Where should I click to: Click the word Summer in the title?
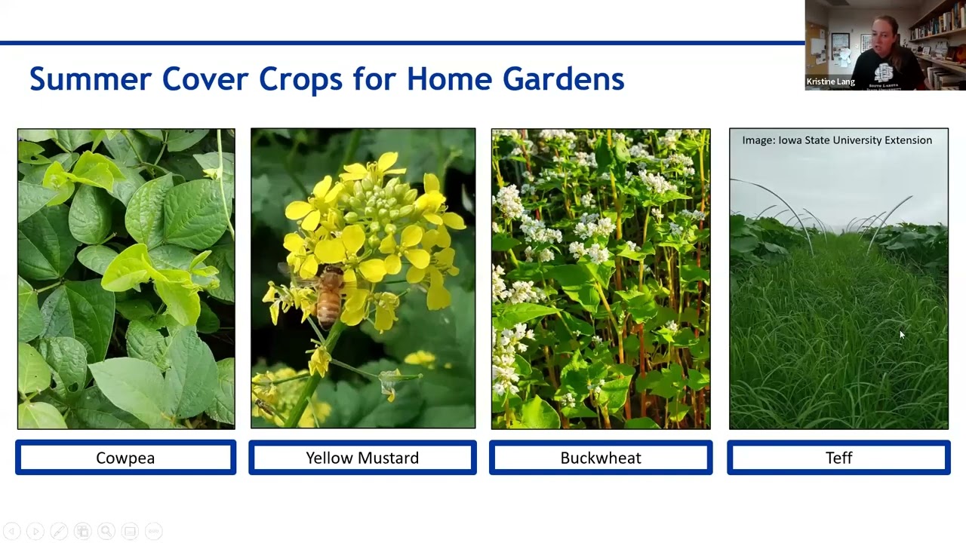click(x=91, y=79)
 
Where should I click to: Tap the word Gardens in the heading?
click(x=563, y=79)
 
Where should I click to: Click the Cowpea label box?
click(x=125, y=458)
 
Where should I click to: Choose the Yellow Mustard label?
click(x=363, y=458)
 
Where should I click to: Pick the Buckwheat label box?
click(x=601, y=458)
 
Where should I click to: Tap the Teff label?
click(x=838, y=458)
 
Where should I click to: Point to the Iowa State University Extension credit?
click(x=837, y=140)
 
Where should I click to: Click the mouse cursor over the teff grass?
click(x=902, y=335)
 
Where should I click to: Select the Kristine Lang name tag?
click(x=830, y=81)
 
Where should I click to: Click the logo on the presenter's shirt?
click(x=884, y=73)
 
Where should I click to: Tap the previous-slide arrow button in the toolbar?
click(x=12, y=531)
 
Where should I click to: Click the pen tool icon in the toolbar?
click(x=59, y=531)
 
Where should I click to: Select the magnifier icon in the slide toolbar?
click(x=106, y=531)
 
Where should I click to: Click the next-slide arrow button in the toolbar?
click(x=35, y=531)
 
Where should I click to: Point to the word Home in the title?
click(x=449, y=79)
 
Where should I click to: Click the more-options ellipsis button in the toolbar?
click(x=153, y=531)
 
